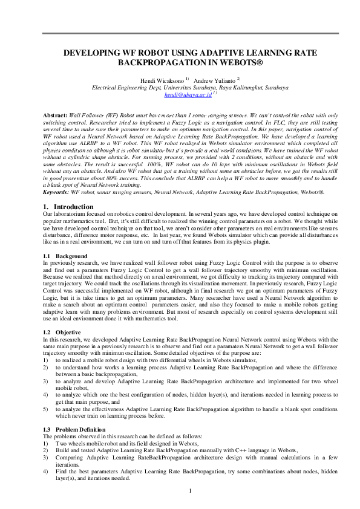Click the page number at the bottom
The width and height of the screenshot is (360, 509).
click(x=190, y=490)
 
